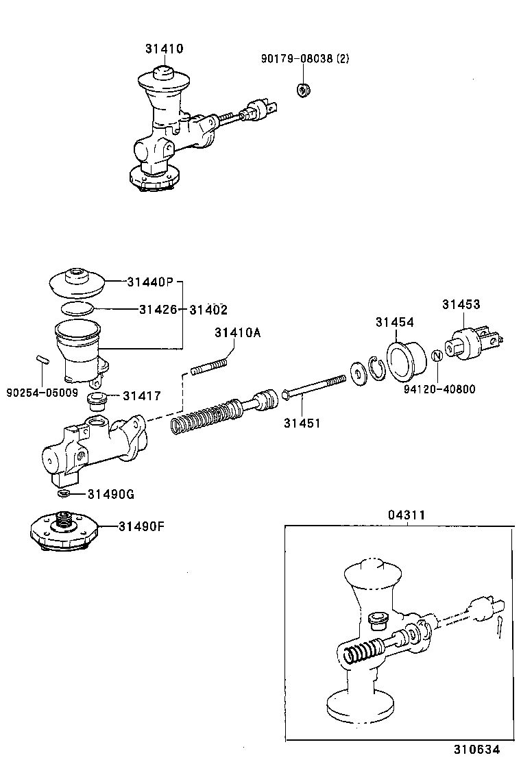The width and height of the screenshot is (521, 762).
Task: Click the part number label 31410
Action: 164,49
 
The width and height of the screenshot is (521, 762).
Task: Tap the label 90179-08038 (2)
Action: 304,59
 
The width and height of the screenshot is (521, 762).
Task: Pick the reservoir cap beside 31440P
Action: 77,282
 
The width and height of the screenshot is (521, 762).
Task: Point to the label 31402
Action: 208,310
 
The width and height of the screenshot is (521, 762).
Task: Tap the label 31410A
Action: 237,333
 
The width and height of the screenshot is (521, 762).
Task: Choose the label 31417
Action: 142,395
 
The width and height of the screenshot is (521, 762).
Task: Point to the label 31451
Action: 302,423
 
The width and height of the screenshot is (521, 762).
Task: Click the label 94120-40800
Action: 439,389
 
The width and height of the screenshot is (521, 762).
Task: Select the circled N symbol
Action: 437,356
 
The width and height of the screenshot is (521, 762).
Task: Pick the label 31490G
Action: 112,494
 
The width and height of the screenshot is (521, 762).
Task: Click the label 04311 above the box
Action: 407,514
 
